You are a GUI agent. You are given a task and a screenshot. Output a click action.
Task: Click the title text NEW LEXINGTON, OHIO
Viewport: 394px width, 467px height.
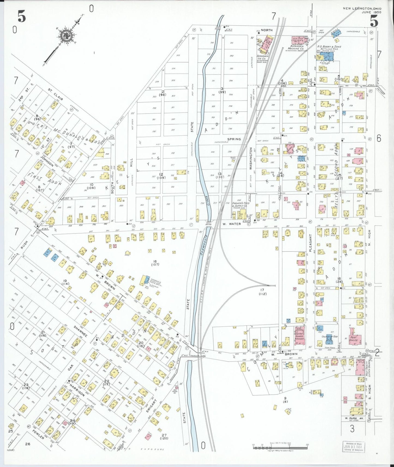pyautogui.click(x=362, y=8)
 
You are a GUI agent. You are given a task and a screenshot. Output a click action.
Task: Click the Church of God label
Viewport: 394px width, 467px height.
pyautogui.click(x=329, y=337)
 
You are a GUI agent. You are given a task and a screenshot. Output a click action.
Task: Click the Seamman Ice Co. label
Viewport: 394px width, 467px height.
pyautogui.click(x=262, y=57)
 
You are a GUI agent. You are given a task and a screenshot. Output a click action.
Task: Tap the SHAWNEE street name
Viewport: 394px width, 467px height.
pyautogui.click(x=81, y=331)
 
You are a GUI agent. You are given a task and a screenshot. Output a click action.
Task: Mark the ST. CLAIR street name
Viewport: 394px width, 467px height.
pyautogui.click(x=56, y=94)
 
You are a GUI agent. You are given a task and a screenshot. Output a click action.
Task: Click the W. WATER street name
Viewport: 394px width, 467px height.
pyautogui.click(x=231, y=224)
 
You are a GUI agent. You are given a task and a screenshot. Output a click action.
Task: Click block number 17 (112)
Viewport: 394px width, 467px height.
pyautogui.click(x=262, y=292)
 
